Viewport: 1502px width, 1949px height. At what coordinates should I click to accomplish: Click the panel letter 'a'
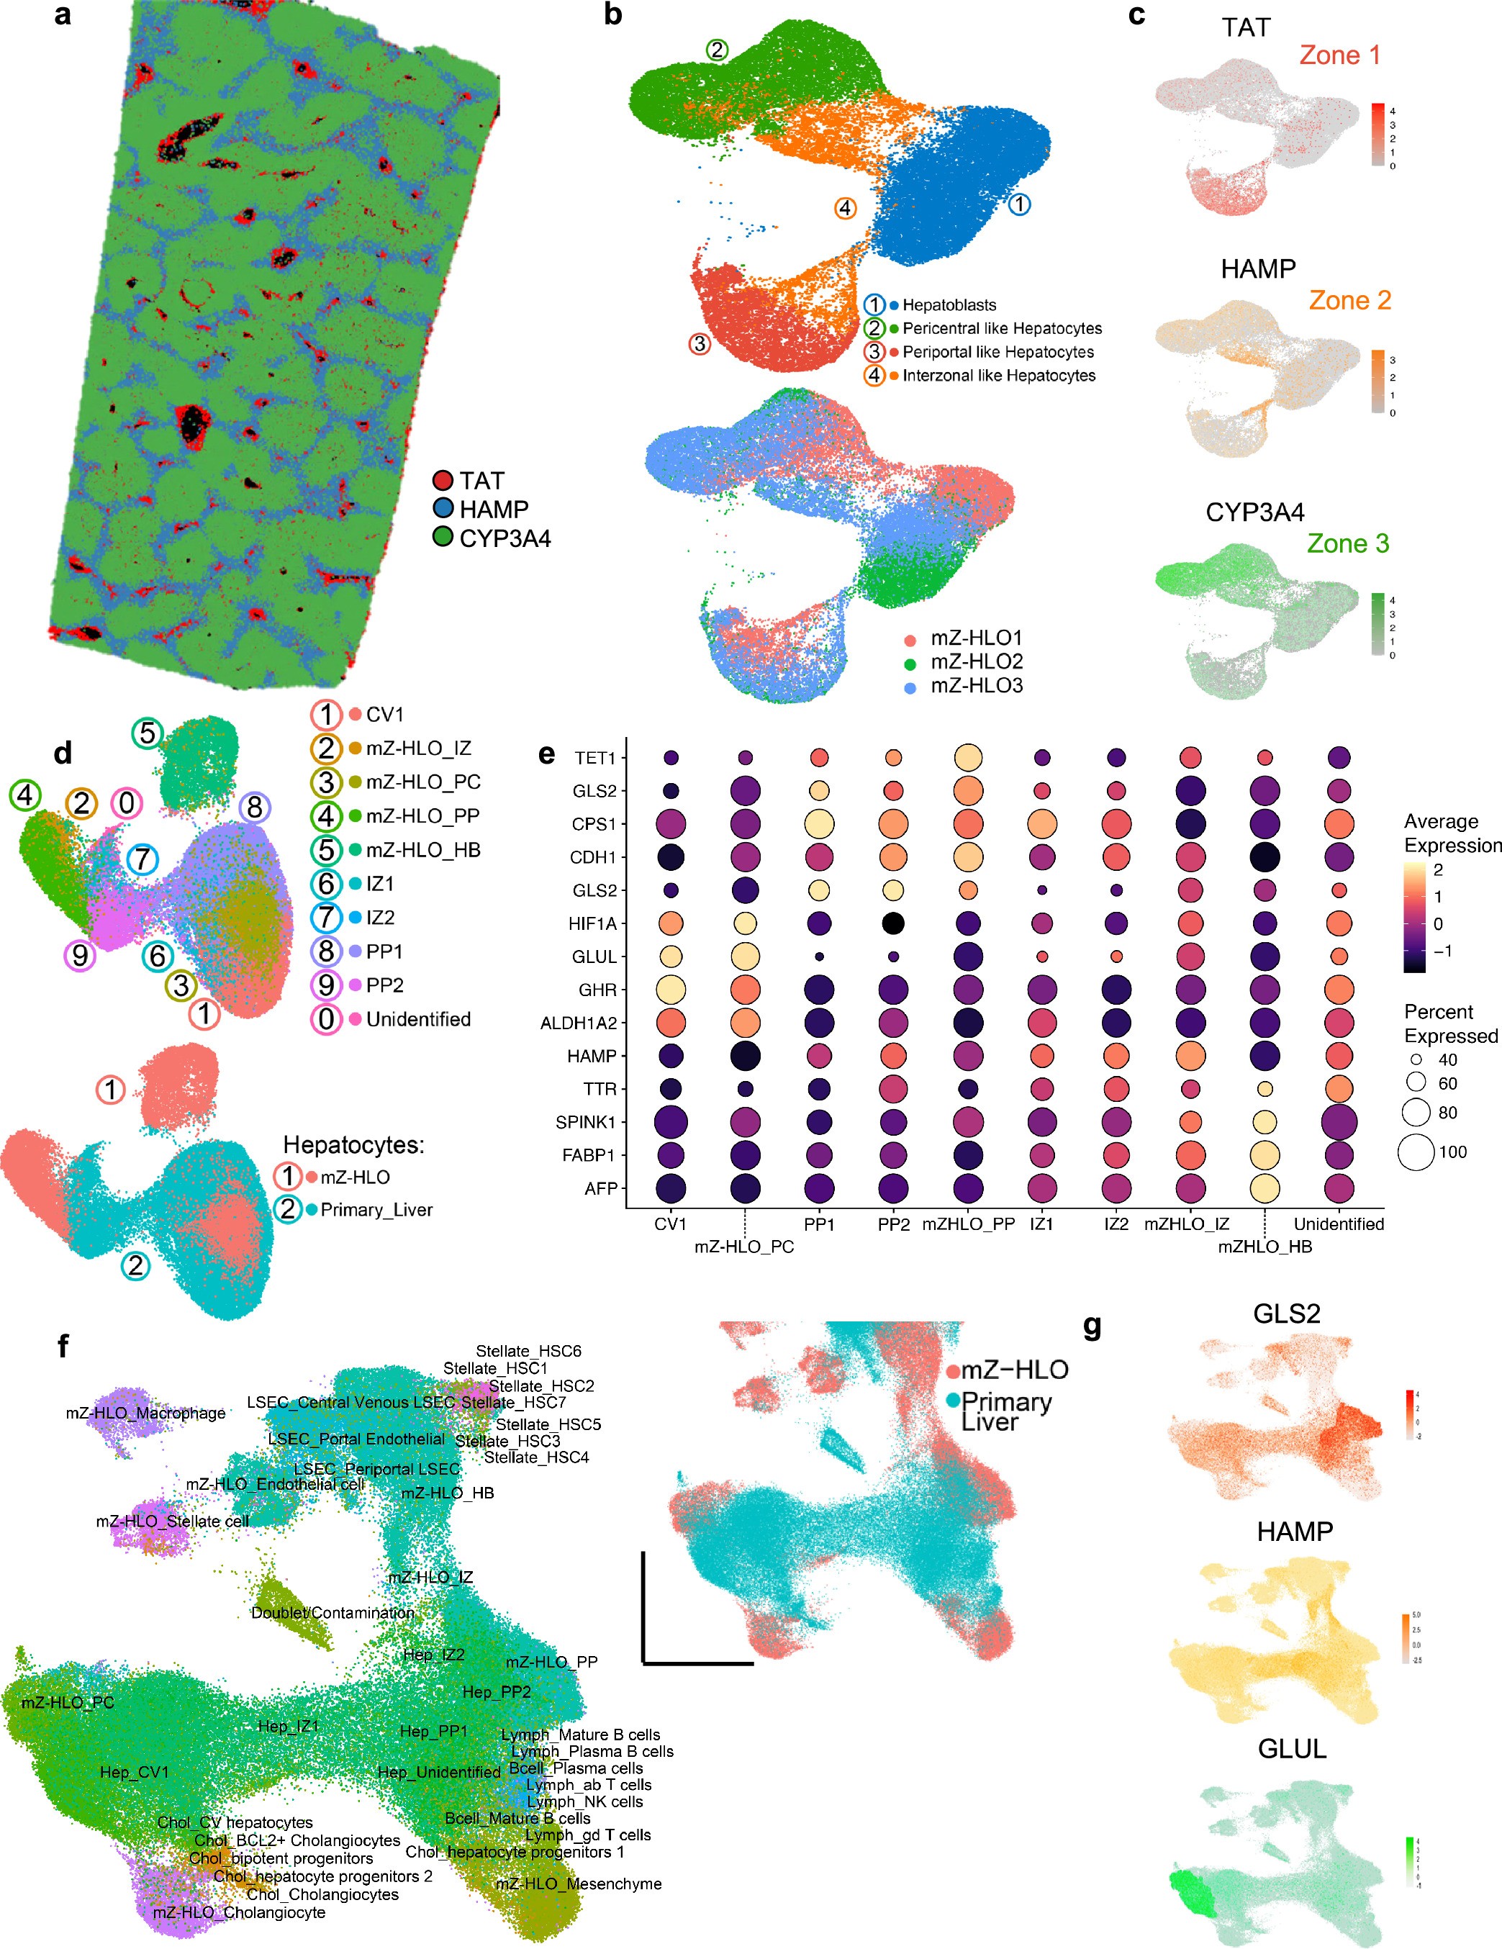click(x=62, y=15)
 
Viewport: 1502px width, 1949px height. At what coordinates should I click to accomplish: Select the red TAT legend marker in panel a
click(x=443, y=481)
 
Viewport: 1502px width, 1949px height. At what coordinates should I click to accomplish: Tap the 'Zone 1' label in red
click(x=1339, y=55)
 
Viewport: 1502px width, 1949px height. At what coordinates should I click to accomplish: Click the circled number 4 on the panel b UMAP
click(x=845, y=208)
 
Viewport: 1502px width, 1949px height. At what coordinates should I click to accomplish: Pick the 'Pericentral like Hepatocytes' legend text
click(x=1001, y=328)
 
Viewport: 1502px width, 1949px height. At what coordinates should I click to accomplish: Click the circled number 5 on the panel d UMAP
click(x=148, y=733)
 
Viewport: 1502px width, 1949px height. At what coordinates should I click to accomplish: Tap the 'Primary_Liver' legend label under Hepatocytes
click(x=376, y=1210)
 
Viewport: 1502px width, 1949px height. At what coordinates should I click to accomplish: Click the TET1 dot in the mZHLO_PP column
click(x=967, y=758)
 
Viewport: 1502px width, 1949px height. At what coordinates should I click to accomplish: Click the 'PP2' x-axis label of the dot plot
click(x=892, y=1224)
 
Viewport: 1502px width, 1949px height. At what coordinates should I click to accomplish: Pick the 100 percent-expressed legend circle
click(x=1416, y=1152)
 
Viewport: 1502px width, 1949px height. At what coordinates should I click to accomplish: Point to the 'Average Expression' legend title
click(x=1452, y=833)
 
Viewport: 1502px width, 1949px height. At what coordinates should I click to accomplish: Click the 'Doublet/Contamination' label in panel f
click(x=332, y=1614)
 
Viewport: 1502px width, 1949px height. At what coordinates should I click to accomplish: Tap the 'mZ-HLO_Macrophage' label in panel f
click(x=145, y=1414)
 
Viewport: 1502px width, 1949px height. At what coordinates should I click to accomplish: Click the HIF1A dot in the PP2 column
click(x=892, y=923)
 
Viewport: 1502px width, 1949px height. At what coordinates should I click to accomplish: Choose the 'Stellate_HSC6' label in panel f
click(x=528, y=1351)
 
